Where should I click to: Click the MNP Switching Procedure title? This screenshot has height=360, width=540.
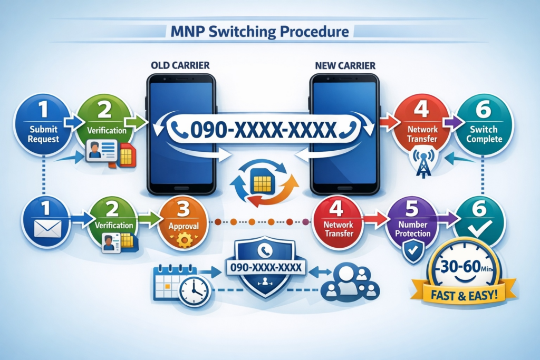coord(260,32)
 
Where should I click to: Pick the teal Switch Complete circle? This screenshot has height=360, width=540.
coord(484,124)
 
